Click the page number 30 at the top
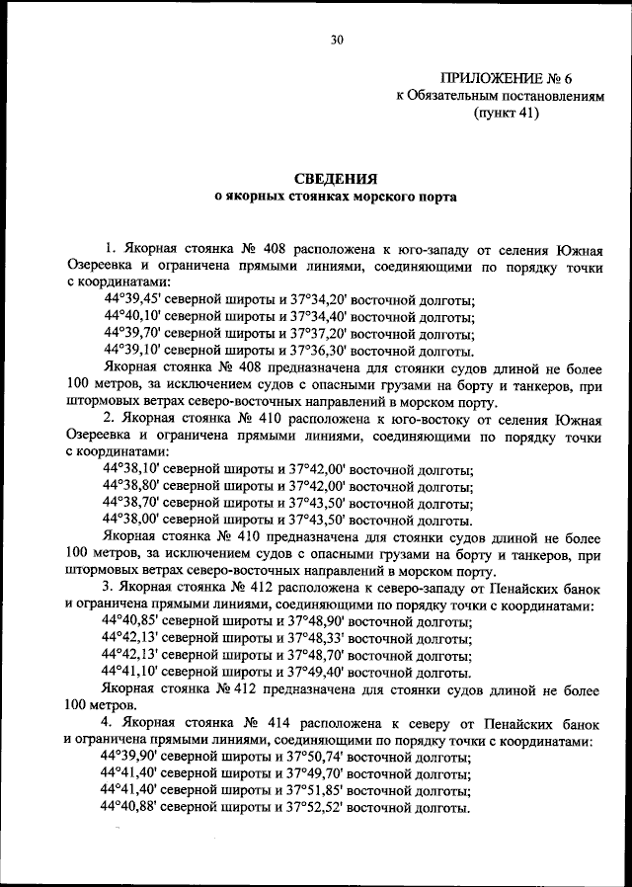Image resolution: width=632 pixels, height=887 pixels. (x=336, y=40)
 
